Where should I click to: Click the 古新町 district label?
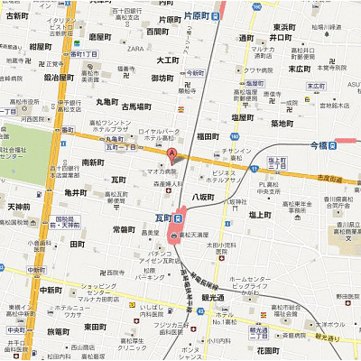coord(18,16)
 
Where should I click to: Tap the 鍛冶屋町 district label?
coord(33,78)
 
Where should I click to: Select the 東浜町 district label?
coord(283,27)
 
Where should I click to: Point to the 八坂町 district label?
coord(202,195)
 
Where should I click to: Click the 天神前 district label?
coord(18,208)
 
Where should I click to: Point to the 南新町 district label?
coord(93,162)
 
